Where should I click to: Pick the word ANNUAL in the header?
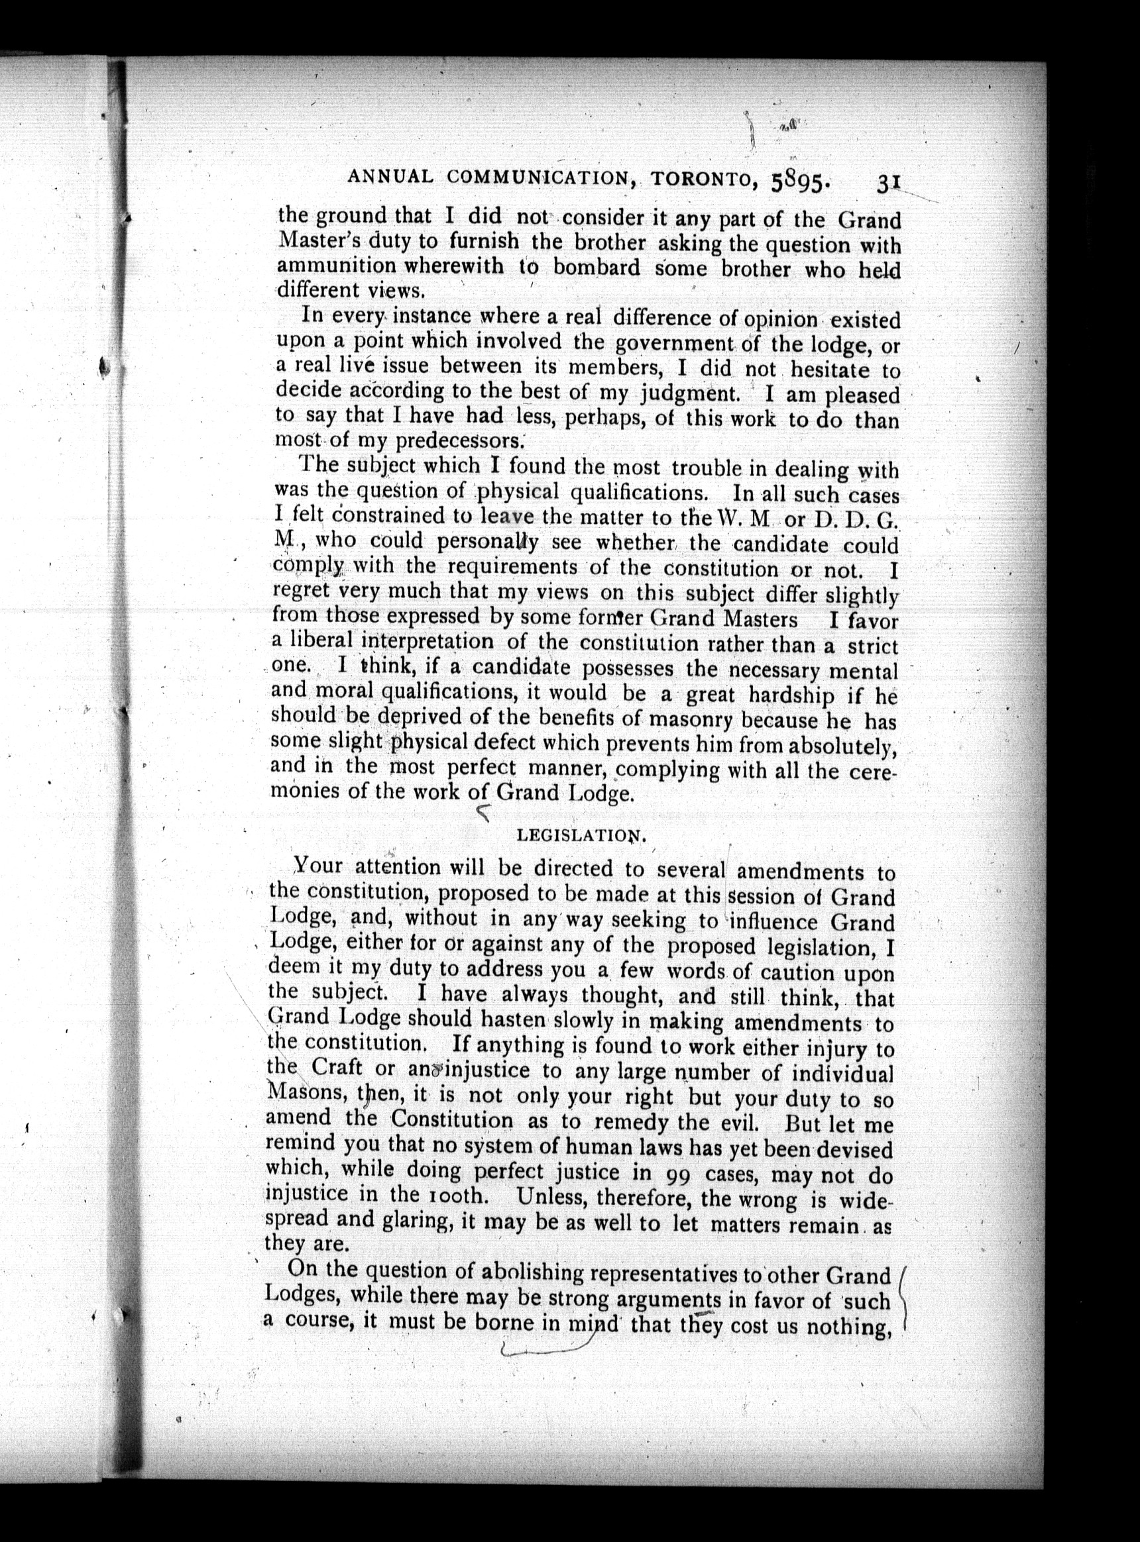tap(390, 178)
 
